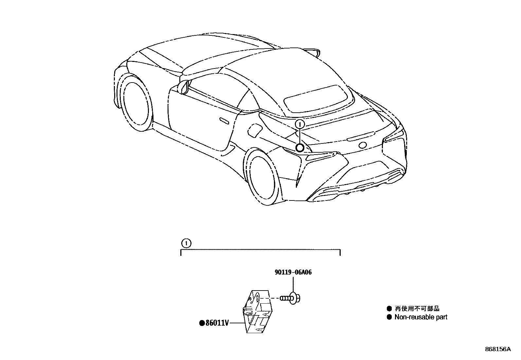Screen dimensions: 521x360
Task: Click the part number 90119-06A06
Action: (293, 272)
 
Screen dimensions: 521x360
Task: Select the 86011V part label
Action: (217, 323)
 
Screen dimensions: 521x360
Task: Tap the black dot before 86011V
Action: (202, 323)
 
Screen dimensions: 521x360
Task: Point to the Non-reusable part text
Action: (421, 317)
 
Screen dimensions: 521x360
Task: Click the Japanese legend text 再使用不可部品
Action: (417, 309)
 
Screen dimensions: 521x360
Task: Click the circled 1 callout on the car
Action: (300, 124)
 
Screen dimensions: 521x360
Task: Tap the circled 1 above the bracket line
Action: (186, 243)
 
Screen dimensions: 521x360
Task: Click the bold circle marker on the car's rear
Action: (299, 148)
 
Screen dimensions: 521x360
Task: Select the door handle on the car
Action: (224, 121)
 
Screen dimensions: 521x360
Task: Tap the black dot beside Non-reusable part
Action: (389, 317)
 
